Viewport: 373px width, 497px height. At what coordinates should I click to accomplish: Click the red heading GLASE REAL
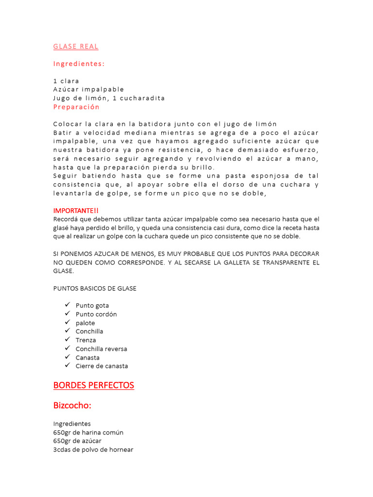(76, 47)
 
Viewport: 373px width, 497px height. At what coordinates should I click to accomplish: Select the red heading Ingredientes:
(79, 64)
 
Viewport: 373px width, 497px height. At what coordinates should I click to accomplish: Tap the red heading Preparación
(76, 107)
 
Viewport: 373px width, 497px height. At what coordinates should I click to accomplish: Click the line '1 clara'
(66, 81)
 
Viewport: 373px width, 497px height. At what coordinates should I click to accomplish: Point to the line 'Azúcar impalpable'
(88, 89)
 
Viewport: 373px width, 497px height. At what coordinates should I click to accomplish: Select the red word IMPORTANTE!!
(76, 211)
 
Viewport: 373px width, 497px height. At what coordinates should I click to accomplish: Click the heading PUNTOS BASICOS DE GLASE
(95, 288)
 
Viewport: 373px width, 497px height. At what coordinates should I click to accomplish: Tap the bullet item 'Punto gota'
(92, 306)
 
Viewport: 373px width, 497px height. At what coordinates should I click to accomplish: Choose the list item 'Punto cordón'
(96, 314)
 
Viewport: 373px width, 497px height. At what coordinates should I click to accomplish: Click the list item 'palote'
(85, 323)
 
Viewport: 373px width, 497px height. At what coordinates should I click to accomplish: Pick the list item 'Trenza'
(86, 340)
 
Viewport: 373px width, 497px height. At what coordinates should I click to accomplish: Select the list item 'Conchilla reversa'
(102, 349)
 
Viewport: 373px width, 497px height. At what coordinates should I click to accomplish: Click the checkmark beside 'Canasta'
(67, 357)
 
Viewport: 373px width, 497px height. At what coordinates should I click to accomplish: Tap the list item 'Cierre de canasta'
(102, 366)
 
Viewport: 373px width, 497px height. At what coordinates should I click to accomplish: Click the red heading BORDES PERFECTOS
(93, 385)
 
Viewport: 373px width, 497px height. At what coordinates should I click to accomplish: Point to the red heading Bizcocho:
(72, 405)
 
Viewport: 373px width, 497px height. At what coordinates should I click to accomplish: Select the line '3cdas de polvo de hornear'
(93, 450)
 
